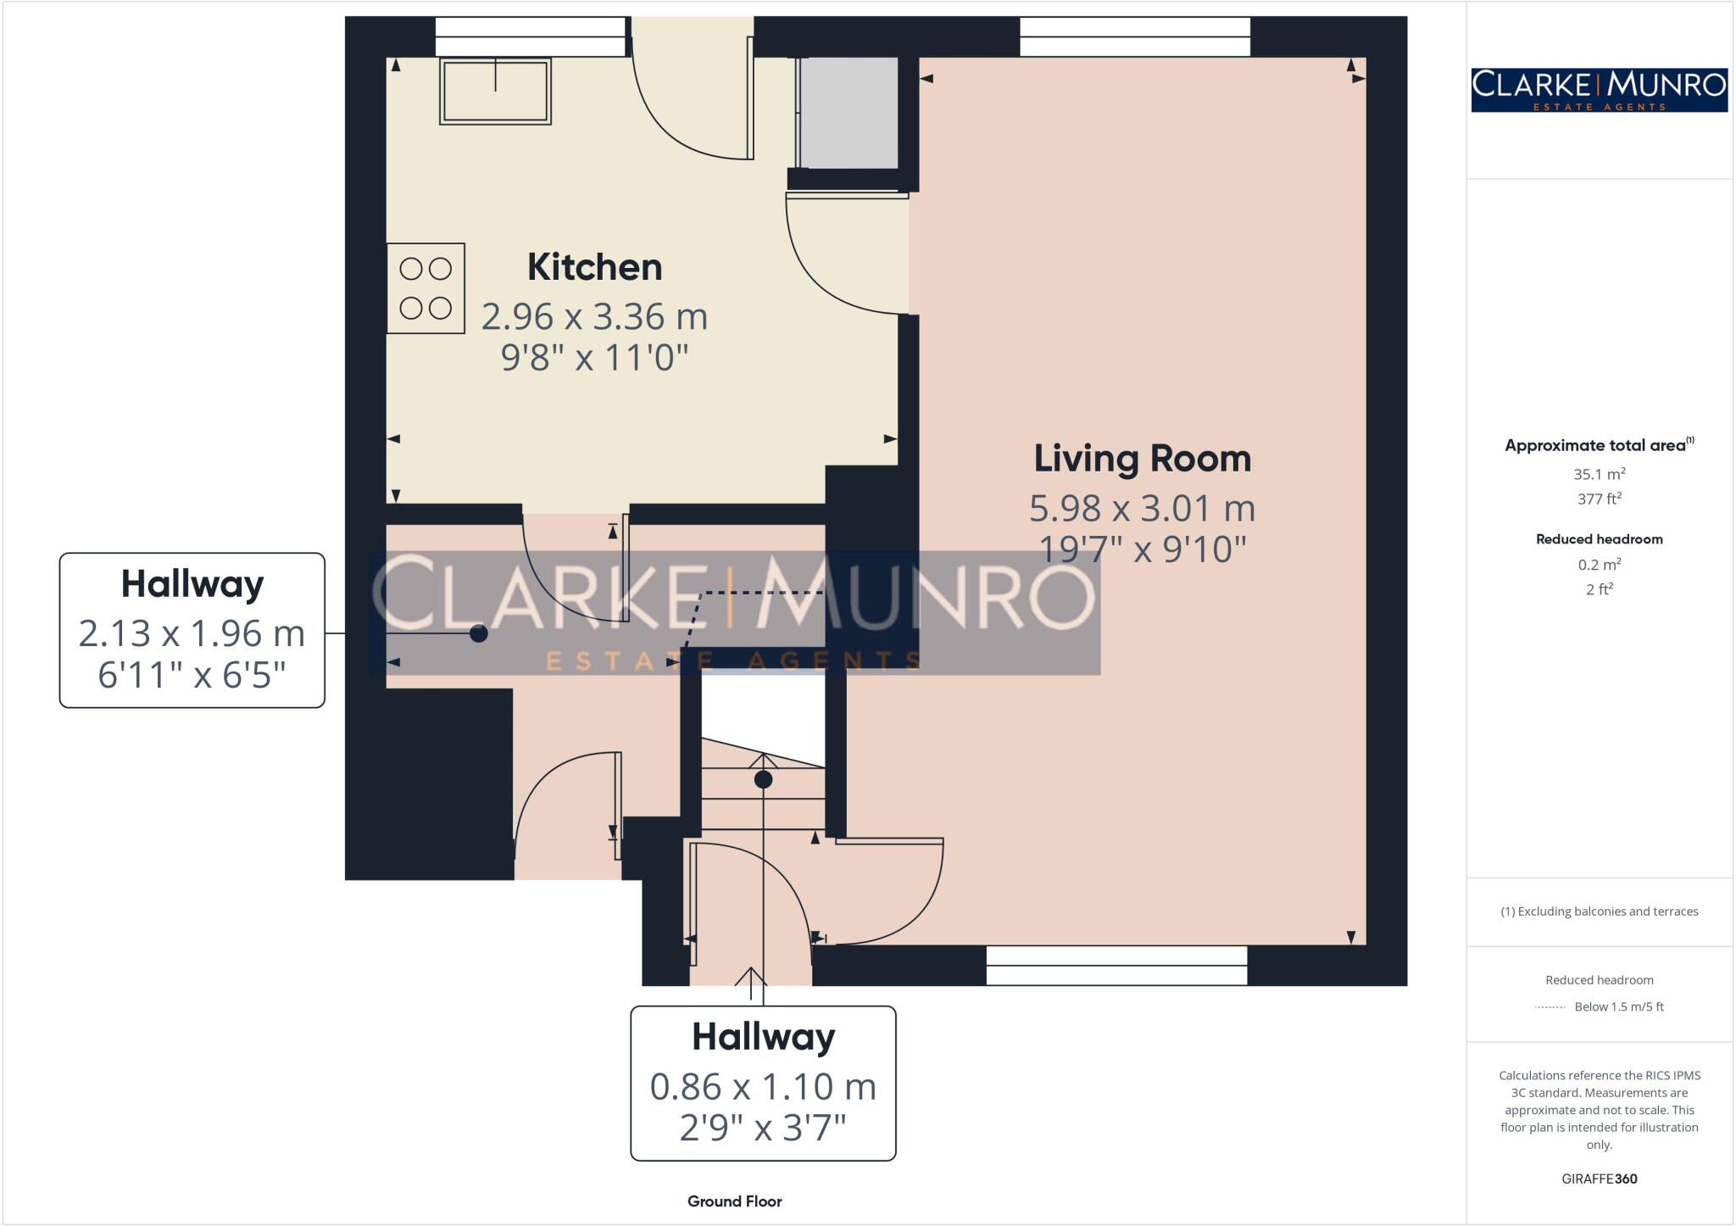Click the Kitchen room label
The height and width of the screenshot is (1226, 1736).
594,267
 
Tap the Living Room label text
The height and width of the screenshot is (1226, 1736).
1142,459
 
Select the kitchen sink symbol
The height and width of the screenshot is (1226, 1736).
495,91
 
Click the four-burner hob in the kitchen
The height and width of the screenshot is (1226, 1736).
426,288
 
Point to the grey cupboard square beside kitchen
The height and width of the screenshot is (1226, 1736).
849,112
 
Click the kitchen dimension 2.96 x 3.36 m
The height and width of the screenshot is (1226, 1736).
594,317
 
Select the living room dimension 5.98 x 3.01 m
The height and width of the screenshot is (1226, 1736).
1142,509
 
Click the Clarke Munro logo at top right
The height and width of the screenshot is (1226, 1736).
1599,90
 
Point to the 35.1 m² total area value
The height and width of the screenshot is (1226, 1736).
1599,474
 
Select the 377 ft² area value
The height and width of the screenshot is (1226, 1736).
1599,499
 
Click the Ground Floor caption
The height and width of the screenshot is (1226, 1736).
734,1201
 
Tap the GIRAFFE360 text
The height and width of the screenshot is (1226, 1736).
1599,1179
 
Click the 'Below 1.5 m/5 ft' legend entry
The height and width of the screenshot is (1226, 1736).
1618,1006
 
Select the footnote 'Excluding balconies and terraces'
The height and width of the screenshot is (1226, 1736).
1599,911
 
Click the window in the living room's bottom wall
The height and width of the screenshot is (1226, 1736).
1116,965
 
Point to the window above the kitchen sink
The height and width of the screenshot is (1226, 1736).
531,36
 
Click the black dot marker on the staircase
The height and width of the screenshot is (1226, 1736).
763,779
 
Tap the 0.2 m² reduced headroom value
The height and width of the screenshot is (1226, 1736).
1599,565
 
